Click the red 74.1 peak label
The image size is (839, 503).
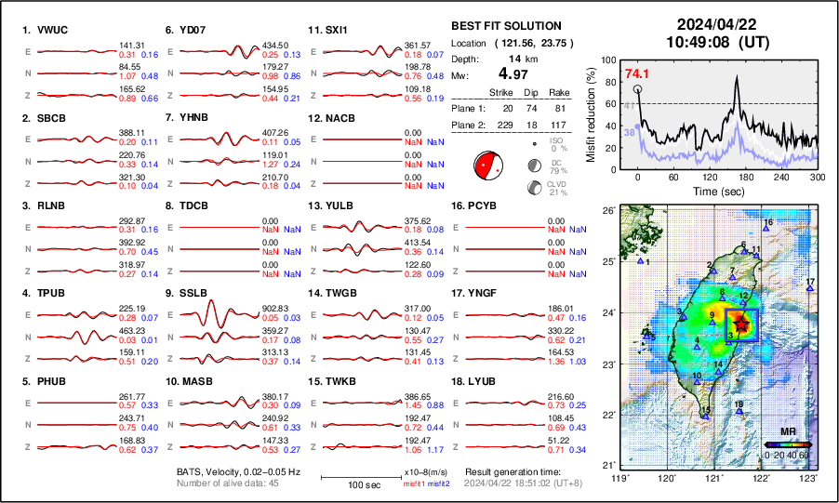click(x=637, y=73)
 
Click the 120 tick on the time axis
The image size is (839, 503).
click(x=710, y=177)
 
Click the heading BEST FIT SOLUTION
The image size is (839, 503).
click(x=505, y=26)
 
